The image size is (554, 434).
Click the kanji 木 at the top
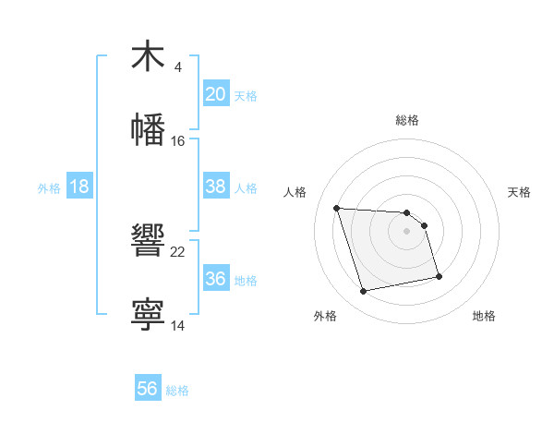pyautogui.click(x=148, y=56)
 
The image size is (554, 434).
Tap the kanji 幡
pyautogui.click(x=148, y=129)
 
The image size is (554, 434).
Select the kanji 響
pyautogui.click(x=148, y=240)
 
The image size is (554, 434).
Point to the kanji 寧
pyautogui.click(x=148, y=314)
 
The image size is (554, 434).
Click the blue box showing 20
pyautogui.click(x=215, y=94)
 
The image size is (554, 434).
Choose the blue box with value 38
pyautogui.click(x=215, y=187)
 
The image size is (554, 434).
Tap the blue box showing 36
pyautogui.click(x=215, y=279)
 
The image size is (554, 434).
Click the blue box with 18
pyautogui.click(x=79, y=187)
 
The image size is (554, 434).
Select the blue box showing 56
pyautogui.click(x=148, y=389)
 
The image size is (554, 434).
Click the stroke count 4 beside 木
pyautogui.click(x=177, y=67)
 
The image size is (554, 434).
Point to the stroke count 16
pyautogui.click(x=178, y=141)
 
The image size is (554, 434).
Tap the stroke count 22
pyautogui.click(x=178, y=252)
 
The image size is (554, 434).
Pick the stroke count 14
pyautogui.click(x=178, y=326)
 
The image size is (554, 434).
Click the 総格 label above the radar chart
pyautogui.click(x=407, y=120)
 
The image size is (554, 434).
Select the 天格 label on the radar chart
pyautogui.click(x=519, y=192)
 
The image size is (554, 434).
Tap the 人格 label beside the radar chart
pyautogui.click(x=295, y=192)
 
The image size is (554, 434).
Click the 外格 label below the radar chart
pyautogui.click(x=325, y=316)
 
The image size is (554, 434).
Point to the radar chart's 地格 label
pyautogui.click(x=484, y=316)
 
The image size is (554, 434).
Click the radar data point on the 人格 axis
pyautogui.click(x=337, y=208)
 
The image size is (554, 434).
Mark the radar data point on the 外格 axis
pyautogui.click(x=364, y=292)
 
